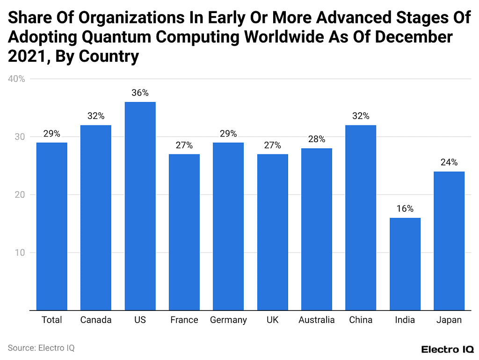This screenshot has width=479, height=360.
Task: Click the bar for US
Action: tap(140, 206)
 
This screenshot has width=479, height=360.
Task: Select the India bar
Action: tap(405, 264)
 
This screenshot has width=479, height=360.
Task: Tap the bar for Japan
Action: tap(449, 241)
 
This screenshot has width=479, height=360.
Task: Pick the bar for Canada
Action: tap(96, 217)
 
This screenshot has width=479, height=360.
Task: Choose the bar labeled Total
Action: tap(51, 226)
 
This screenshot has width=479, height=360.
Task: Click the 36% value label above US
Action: tap(140, 93)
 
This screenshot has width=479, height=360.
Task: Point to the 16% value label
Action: tap(405, 209)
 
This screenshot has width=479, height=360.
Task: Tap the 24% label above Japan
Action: tap(449, 163)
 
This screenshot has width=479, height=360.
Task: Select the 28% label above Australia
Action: tap(317, 139)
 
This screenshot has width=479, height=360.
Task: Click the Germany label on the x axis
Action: tap(228, 320)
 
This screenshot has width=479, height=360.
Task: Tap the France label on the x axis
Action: tap(184, 320)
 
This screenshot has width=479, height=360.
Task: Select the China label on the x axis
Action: tap(361, 320)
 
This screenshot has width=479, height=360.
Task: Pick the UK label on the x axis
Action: tap(273, 320)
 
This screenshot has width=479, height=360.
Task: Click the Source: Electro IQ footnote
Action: tap(41, 348)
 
